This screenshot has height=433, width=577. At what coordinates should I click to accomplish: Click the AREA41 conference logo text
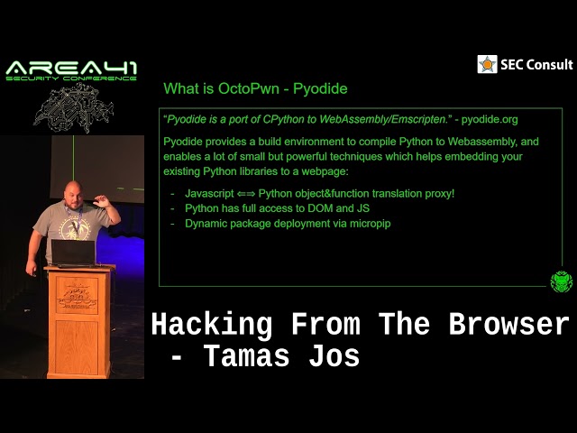click(x=71, y=69)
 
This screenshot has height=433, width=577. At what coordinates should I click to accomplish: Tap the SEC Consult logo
click(x=525, y=64)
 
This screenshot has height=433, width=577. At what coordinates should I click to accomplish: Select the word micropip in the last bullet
click(x=369, y=223)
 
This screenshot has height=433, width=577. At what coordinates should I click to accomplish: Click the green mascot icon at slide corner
click(x=561, y=281)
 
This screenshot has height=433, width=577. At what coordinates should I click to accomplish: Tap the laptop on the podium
click(x=72, y=252)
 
